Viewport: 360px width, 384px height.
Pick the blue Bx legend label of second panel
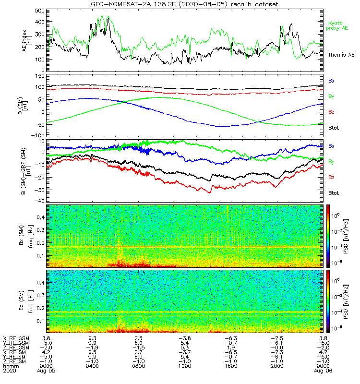[331, 81]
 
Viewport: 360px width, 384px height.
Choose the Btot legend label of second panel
[334, 128]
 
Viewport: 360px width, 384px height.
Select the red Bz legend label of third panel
[331, 177]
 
